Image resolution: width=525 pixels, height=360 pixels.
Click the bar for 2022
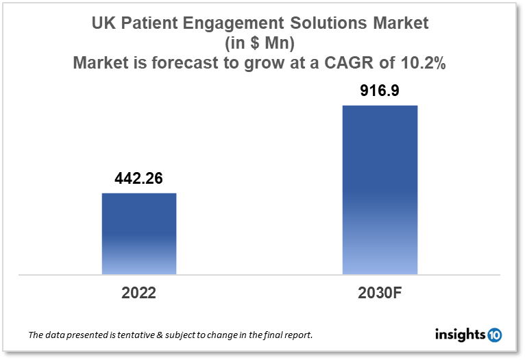pyautogui.click(x=139, y=233)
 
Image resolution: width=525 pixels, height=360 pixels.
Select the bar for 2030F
pyautogui.click(x=380, y=189)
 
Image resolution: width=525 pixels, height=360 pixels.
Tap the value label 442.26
pyautogui.click(x=139, y=180)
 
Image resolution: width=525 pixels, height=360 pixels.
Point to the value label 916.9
pyautogui.click(x=380, y=91)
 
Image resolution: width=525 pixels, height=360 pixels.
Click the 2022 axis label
pyautogui.click(x=139, y=293)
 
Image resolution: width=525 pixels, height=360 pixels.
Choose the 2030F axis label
pyautogui.click(x=380, y=293)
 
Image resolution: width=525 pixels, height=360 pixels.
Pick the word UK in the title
pyautogui.click(x=103, y=23)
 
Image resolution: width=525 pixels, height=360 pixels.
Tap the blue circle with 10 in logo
pyautogui.click(x=494, y=335)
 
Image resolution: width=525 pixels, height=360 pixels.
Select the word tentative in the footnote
pyautogui.click(x=141, y=336)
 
